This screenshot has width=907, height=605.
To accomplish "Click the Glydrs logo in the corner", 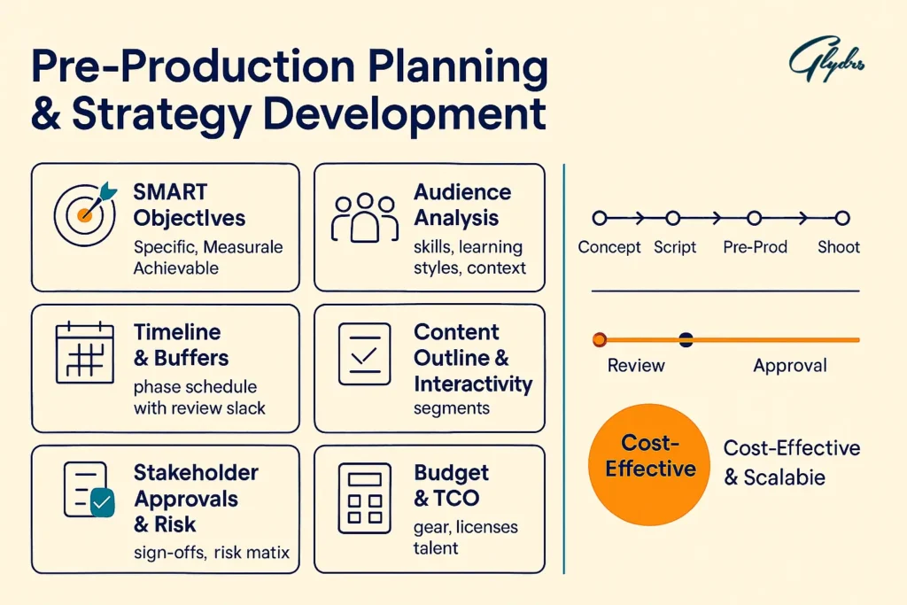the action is (x=826, y=58).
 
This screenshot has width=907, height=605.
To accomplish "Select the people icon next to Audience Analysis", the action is (x=364, y=218).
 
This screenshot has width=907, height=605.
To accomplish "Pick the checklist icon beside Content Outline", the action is (x=364, y=354).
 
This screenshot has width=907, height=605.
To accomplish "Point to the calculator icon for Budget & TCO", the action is (x=364, y=498).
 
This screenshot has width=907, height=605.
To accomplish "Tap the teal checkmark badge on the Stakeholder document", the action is (x=103, y=502).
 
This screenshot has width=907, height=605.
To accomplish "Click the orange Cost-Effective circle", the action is (x=649, y=464).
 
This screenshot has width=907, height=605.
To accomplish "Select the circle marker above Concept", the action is (x=600, y=218).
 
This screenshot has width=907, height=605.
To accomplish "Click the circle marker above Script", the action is (x=673, y=218).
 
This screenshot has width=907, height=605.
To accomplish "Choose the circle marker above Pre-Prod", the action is (x=755, y=218).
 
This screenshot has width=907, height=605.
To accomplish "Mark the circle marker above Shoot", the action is (x=843, y=218).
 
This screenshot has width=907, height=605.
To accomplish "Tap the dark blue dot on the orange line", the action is (x=686, y=339).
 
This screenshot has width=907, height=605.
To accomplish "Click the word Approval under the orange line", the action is (x=790, y=366).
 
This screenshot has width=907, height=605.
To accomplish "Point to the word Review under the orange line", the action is (x=636, y=366).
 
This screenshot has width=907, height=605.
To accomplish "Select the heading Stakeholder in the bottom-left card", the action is (x=196, y=472).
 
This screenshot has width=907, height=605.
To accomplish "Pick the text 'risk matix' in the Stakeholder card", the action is (x=252, y=553).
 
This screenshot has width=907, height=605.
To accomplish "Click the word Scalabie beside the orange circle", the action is (x=785, y=477).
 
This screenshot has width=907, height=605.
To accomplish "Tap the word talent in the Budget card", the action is (x=436, y=547).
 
